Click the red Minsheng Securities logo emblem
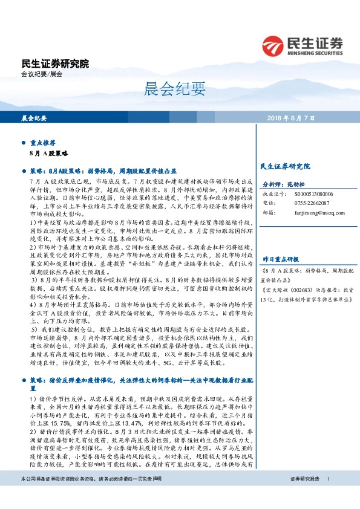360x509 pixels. [x=275, y=47]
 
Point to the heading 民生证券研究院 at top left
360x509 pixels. [x=54, y=63]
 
